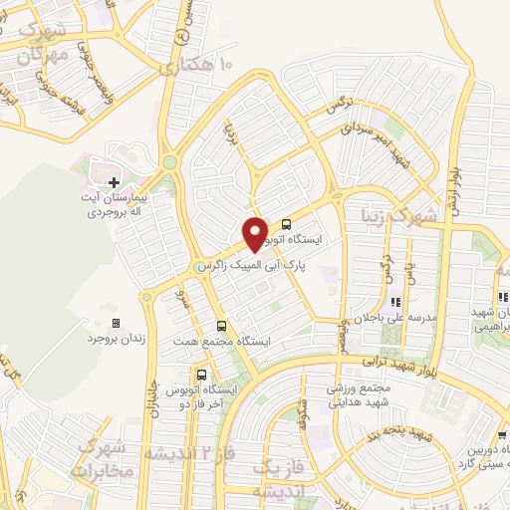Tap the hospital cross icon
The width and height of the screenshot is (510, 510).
pyautogui.click(x=115, y=182)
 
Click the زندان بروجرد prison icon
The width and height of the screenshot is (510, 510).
pyautogui.click(x=116, y=324)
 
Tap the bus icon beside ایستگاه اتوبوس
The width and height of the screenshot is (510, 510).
pyautogui.click(x=288, y=224)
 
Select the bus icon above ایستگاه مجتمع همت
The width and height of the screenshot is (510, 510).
pyautogui.click(x=221, y=326)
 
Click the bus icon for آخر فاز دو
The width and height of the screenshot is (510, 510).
pyautogui.click(x=202, y=376)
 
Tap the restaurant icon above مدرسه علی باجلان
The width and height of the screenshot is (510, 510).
pyautogui.click(x=395, y=302)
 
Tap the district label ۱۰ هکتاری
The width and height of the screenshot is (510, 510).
pyautogui.click(x=198, y=68)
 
